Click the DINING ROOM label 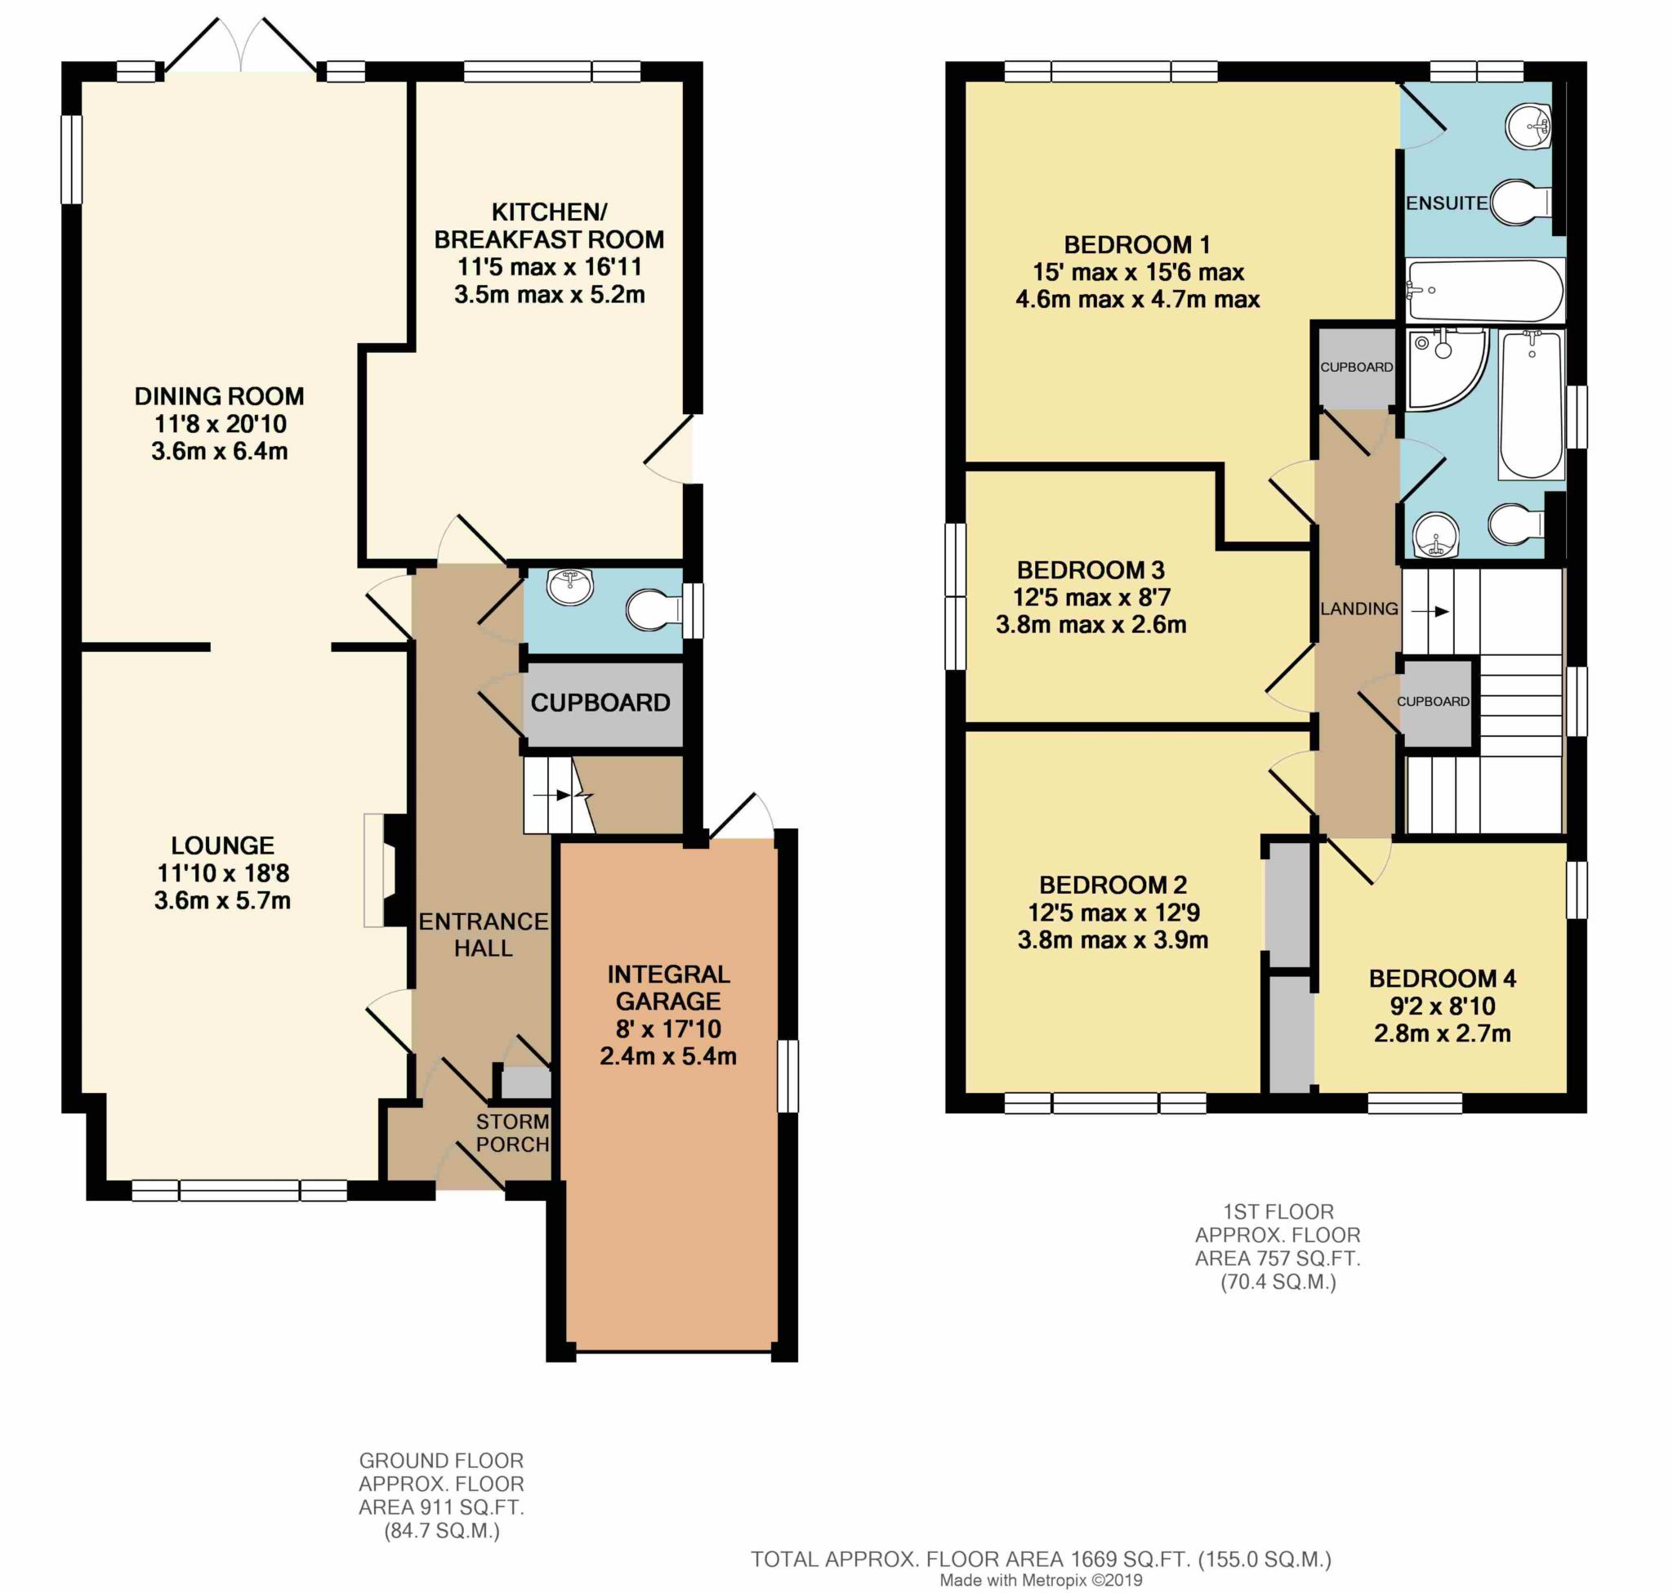tap(219, 396)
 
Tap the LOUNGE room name tap(222, 845)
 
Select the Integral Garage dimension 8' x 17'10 tap(668, 1029)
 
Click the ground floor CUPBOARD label tap(600, 703)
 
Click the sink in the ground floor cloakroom tap(570, 587)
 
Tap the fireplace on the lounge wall tap(386, 870)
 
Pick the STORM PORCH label tap(512, 1133)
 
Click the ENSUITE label tap(1446, 203)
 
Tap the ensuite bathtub tap(1484, 289)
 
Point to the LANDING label tap(1358, 609)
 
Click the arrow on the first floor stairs tap(1442, 611)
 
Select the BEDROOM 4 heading tap(1442, 978)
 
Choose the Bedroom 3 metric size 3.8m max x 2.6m tap(1091, 625)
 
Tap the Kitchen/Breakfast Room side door tap(671, 449)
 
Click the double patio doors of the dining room tap(241, 47)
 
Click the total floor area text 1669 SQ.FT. tap(1041, 1559)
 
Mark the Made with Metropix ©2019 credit tap(1041, 1581)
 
